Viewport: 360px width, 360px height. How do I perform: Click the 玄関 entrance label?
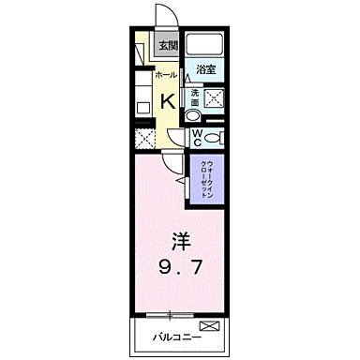click(x=167, y=44)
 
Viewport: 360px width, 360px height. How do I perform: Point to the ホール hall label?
click(x=164, y=73)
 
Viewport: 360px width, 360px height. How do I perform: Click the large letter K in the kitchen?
click(x=166, y=100)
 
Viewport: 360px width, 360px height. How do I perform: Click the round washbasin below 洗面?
click(x=192, y=115)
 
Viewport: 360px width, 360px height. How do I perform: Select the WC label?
click(x=198, y=137)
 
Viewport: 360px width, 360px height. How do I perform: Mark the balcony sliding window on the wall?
click(x=179, y=311)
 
